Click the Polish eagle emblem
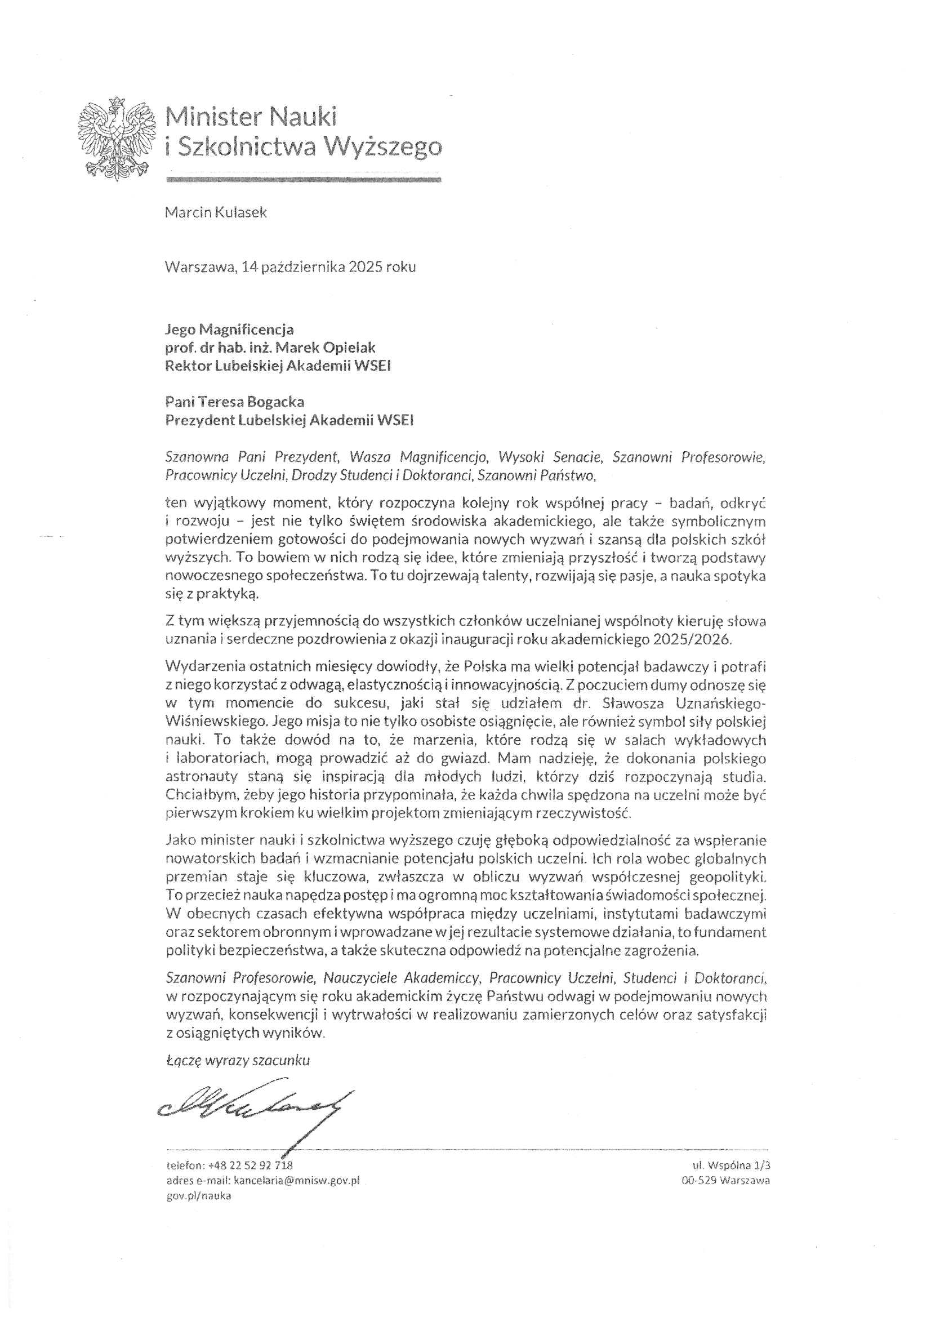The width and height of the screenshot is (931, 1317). pyautogui.click(x=117, y=139)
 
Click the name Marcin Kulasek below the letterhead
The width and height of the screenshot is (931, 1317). pyautogui.click(x=216, y=213)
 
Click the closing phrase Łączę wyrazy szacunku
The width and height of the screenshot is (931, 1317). pyautogui.click(x=237, y=1060)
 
